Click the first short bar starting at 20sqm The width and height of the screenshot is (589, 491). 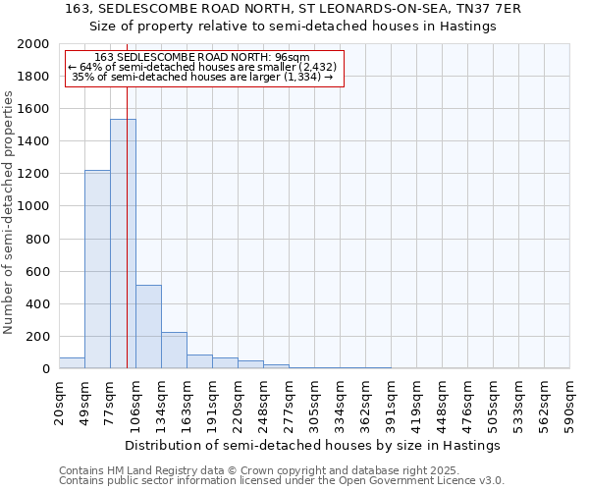click(72, 363)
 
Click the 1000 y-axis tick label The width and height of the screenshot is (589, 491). click(34, 206)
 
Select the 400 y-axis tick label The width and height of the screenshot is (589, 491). click(38, 303)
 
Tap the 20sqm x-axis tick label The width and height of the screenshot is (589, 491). click(60, 403)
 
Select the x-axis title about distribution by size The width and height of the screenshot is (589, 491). click(314, 445)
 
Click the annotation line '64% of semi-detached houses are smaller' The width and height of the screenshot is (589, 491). click(203, 67)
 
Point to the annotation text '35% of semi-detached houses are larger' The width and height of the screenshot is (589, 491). click(203, 77)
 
